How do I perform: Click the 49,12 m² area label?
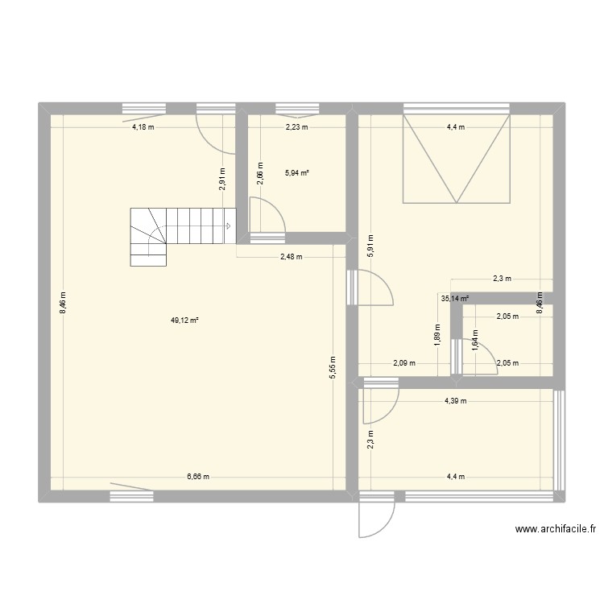[184, 320]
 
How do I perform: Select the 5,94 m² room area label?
[297, 172]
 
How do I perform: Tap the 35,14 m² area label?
[455, 297]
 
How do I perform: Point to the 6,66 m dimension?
[198, 476]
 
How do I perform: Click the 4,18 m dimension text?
[144, 127]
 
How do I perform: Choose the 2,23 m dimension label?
[296, 127]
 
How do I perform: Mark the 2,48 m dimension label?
[291, 258]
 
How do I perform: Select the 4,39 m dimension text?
[455, 401]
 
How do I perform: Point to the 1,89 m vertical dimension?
[437, 333]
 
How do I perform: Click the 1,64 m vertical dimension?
[475, 342]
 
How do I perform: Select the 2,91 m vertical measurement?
[222, 177]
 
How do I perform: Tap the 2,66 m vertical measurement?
[259, 173]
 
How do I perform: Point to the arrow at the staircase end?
[229, 226]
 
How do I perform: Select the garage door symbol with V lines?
[457, 158]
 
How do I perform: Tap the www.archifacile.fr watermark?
[555, 530]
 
